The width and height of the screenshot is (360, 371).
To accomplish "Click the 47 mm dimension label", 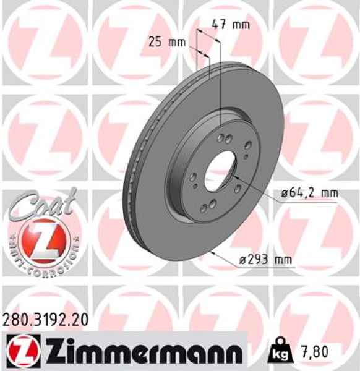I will pyautogui.click(x=230, y=25).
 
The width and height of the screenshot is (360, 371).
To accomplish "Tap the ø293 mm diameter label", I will pyautogui.click(x=265, y=260).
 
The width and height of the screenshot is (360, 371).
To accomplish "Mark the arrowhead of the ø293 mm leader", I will pyautogui.click(x=212, y=252).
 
